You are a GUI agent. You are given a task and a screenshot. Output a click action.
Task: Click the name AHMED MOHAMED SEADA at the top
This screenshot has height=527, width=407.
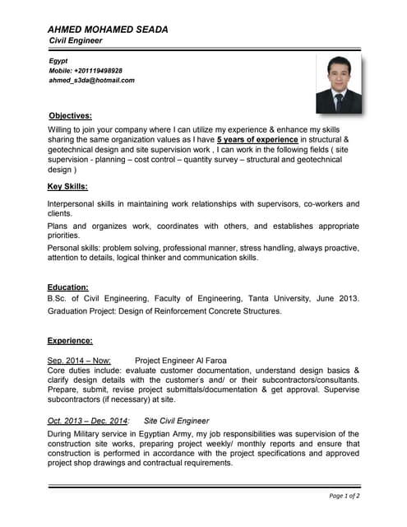108,29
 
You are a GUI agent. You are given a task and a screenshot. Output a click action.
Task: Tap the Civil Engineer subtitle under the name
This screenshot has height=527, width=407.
76,40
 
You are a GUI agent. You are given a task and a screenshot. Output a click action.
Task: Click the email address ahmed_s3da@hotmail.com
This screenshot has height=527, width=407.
91,81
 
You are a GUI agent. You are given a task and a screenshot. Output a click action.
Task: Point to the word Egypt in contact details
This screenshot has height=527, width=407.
58,61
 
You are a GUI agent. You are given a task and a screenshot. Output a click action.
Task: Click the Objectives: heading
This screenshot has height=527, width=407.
70,116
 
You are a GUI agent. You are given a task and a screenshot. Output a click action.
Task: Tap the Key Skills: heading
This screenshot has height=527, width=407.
67,186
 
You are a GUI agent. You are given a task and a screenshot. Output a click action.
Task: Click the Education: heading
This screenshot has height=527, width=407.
67,287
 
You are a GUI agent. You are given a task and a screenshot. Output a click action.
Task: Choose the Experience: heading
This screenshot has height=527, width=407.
70,340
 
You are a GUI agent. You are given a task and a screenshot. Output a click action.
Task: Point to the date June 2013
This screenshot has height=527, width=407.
337,298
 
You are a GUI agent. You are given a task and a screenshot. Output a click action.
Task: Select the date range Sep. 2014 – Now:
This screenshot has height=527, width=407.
79,360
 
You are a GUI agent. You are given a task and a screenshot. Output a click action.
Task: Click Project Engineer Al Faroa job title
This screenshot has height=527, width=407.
180,360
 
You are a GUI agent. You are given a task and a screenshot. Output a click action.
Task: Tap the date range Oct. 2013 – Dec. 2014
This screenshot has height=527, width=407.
87,421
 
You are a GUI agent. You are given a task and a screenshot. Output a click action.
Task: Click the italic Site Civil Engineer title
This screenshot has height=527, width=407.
177,421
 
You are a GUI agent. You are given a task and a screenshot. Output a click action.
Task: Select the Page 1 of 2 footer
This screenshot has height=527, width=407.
344,496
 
